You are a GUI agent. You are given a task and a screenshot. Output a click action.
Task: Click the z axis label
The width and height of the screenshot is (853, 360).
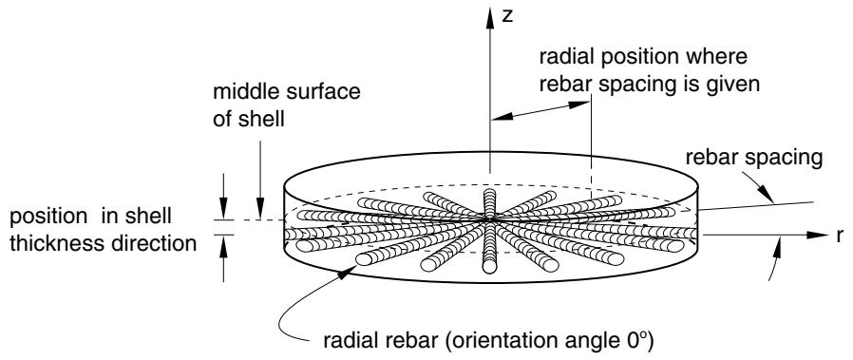pos(507,16)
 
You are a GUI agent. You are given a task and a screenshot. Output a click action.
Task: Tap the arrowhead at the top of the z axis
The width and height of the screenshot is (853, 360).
pos(490,18)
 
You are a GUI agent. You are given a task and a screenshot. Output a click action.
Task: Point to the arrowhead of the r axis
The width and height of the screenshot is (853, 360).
pos(817,235)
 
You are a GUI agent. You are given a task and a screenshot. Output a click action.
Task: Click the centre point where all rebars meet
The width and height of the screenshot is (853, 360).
pos(490,218)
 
